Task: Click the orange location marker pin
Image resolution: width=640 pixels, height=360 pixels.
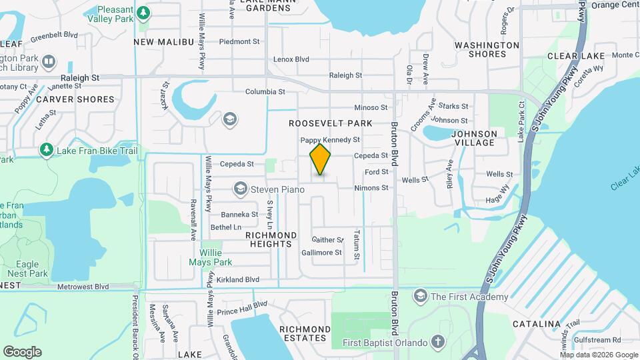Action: [321, 160]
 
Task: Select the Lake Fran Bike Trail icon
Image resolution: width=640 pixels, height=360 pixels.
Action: [46, 151]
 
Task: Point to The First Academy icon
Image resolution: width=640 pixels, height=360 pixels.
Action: [420, 295]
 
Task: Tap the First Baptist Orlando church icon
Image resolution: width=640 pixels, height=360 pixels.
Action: [438, 343]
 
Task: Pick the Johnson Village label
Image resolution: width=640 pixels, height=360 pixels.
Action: [474, 138]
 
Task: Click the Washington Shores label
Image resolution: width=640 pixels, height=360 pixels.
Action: [487, 49]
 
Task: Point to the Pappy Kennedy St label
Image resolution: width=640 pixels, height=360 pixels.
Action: [330, 140]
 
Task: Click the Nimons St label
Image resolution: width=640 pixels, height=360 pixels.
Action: [371, 188]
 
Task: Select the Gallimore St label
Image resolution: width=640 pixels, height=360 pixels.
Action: [321, 253]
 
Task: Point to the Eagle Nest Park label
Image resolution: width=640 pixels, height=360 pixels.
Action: [24, 269]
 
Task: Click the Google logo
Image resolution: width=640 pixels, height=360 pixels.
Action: [22, 351]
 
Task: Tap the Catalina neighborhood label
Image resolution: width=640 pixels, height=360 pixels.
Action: [537, 324]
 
